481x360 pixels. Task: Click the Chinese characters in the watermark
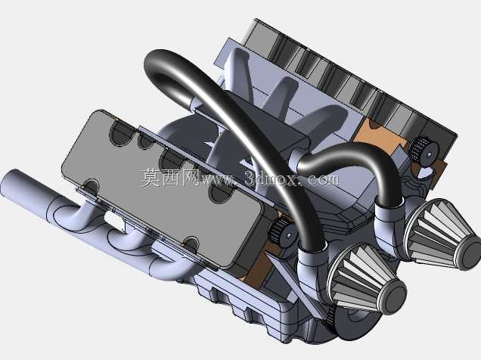pos(171,178)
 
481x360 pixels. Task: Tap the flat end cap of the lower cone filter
pos(394,296)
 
